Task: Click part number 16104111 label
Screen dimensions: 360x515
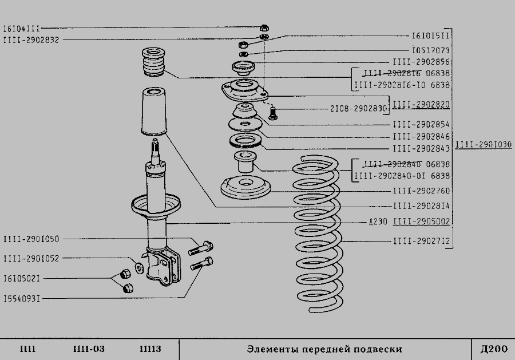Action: coord(22,28)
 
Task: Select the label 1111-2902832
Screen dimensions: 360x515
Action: coord(31,39)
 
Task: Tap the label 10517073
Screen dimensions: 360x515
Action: coord(430,50)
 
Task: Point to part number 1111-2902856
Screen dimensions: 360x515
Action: coord(421,62)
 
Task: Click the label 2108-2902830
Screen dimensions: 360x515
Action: coord(358,108)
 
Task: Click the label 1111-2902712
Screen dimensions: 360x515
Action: coord(421,240)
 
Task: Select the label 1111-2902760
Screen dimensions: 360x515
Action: coord(421,191)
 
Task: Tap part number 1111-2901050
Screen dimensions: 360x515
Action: coord(31,239)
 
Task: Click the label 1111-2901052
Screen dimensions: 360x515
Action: coord(31,258)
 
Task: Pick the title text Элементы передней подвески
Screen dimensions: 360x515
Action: coord(324,349)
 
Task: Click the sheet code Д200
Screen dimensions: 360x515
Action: coord(493,349)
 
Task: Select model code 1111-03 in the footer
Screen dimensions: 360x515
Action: coord(89,349)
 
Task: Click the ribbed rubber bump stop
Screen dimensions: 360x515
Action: coord(153,62)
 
